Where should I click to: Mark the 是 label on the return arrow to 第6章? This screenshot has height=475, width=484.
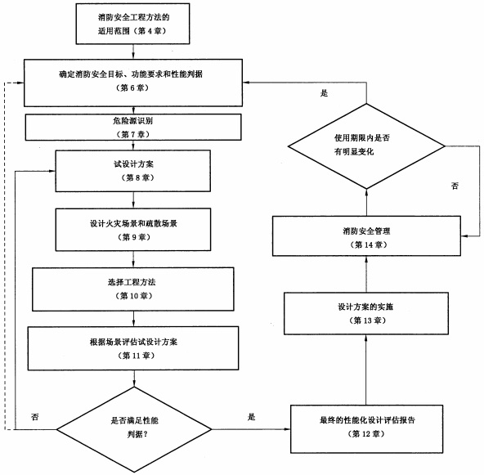pyautogui.click(x=324, y=93)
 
